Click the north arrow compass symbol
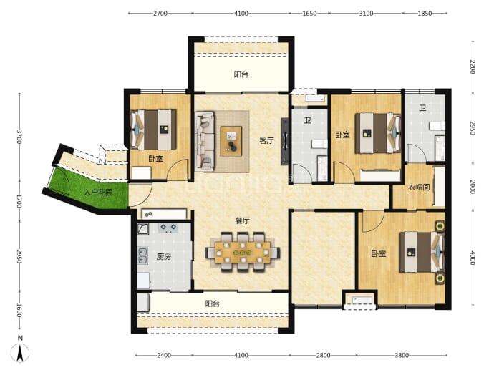(x=20, y=352)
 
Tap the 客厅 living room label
(x=266, y=140)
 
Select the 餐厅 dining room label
(x=242, y=220)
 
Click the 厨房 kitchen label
(x=164, y=257)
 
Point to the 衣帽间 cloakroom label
(x=419, y=188)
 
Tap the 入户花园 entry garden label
(x=98, y=192)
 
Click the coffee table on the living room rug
(x=231, y=141)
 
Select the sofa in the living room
(x=205, y=141)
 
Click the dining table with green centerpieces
(x=242, y=252)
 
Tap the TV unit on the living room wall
(x=285, y=142)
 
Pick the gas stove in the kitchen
(x=168, y=228)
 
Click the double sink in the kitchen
(x=142, y=255)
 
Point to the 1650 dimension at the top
(x=309, y=13)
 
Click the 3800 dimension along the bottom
(x=402, y=356)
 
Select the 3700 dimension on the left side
(x=19, y=137)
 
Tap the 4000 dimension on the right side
(x=473, y=258)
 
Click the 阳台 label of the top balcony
(x=241, y=74)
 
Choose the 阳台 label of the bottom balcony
(x=213, y=303)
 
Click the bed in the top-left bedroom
(x=153, y=130)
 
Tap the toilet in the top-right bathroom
(x=437, y=126)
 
